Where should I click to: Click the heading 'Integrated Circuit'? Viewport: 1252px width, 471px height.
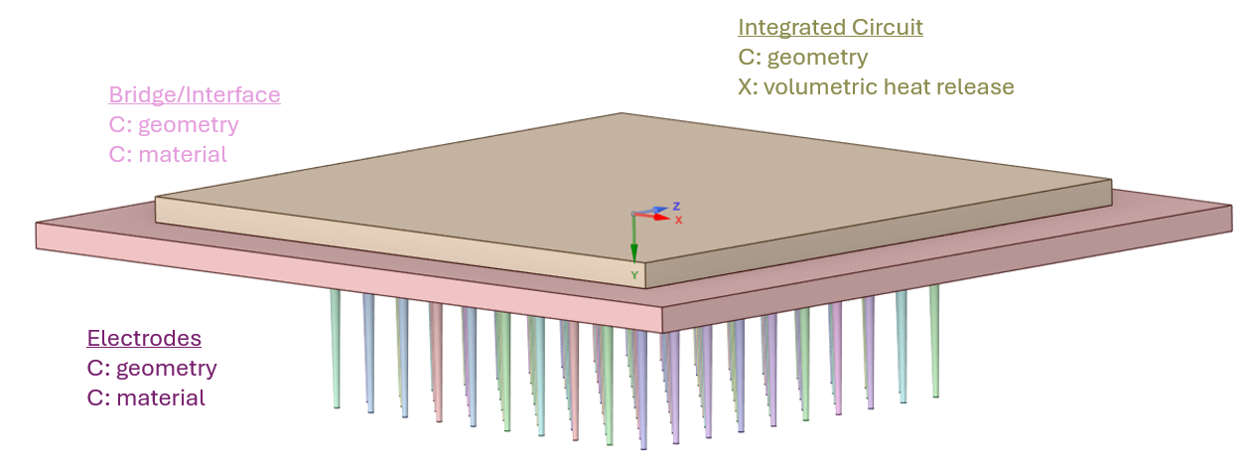coord(830,27)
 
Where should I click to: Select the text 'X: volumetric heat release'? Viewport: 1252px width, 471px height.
coord(876,87)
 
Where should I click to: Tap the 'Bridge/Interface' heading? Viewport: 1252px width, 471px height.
coord(195,95)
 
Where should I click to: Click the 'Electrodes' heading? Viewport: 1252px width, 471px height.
coord(144,338)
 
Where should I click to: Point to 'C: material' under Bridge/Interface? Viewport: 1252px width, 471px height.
coord(168,155)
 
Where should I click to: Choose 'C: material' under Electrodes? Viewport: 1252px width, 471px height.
coord(146,398)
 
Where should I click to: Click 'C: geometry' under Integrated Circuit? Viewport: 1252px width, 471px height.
coord(802,57)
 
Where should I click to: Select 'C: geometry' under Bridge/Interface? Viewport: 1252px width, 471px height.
coord(174,125)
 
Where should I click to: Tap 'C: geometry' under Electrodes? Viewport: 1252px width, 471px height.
coord(152,369)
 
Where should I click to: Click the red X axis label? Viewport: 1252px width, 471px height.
coord(678,220)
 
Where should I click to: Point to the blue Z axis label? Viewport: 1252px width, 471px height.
coord(675,206)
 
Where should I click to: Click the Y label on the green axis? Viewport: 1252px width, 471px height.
coord(633,274)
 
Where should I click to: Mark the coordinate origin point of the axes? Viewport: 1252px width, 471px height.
coord(633,214)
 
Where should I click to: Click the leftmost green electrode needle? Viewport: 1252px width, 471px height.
coord(336,348)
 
